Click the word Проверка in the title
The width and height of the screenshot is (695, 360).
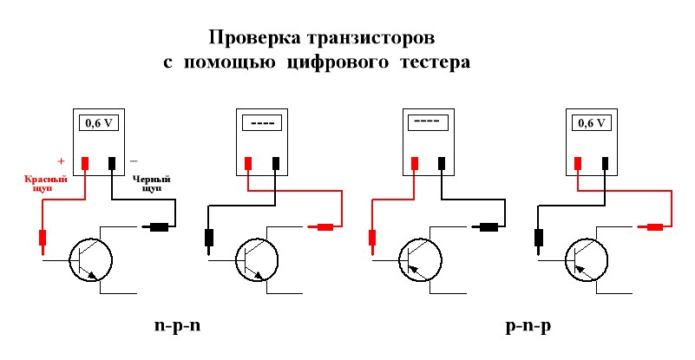tap(254, 39)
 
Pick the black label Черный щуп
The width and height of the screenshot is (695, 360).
tap(151, 182)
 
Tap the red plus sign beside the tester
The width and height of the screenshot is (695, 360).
tap(61, 161)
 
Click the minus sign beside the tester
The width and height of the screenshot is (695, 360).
tap(133, 161)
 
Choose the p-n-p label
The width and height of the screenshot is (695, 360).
tap(528, 327)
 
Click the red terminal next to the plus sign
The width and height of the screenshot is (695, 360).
tap(86, 162)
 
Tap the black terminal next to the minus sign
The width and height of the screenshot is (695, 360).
tap(113, 162)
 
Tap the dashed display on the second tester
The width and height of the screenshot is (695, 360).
tap(261, 123)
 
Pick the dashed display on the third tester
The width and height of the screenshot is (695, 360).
tap(428, 123)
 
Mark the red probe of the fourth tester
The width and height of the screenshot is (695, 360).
tap(655, 227)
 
